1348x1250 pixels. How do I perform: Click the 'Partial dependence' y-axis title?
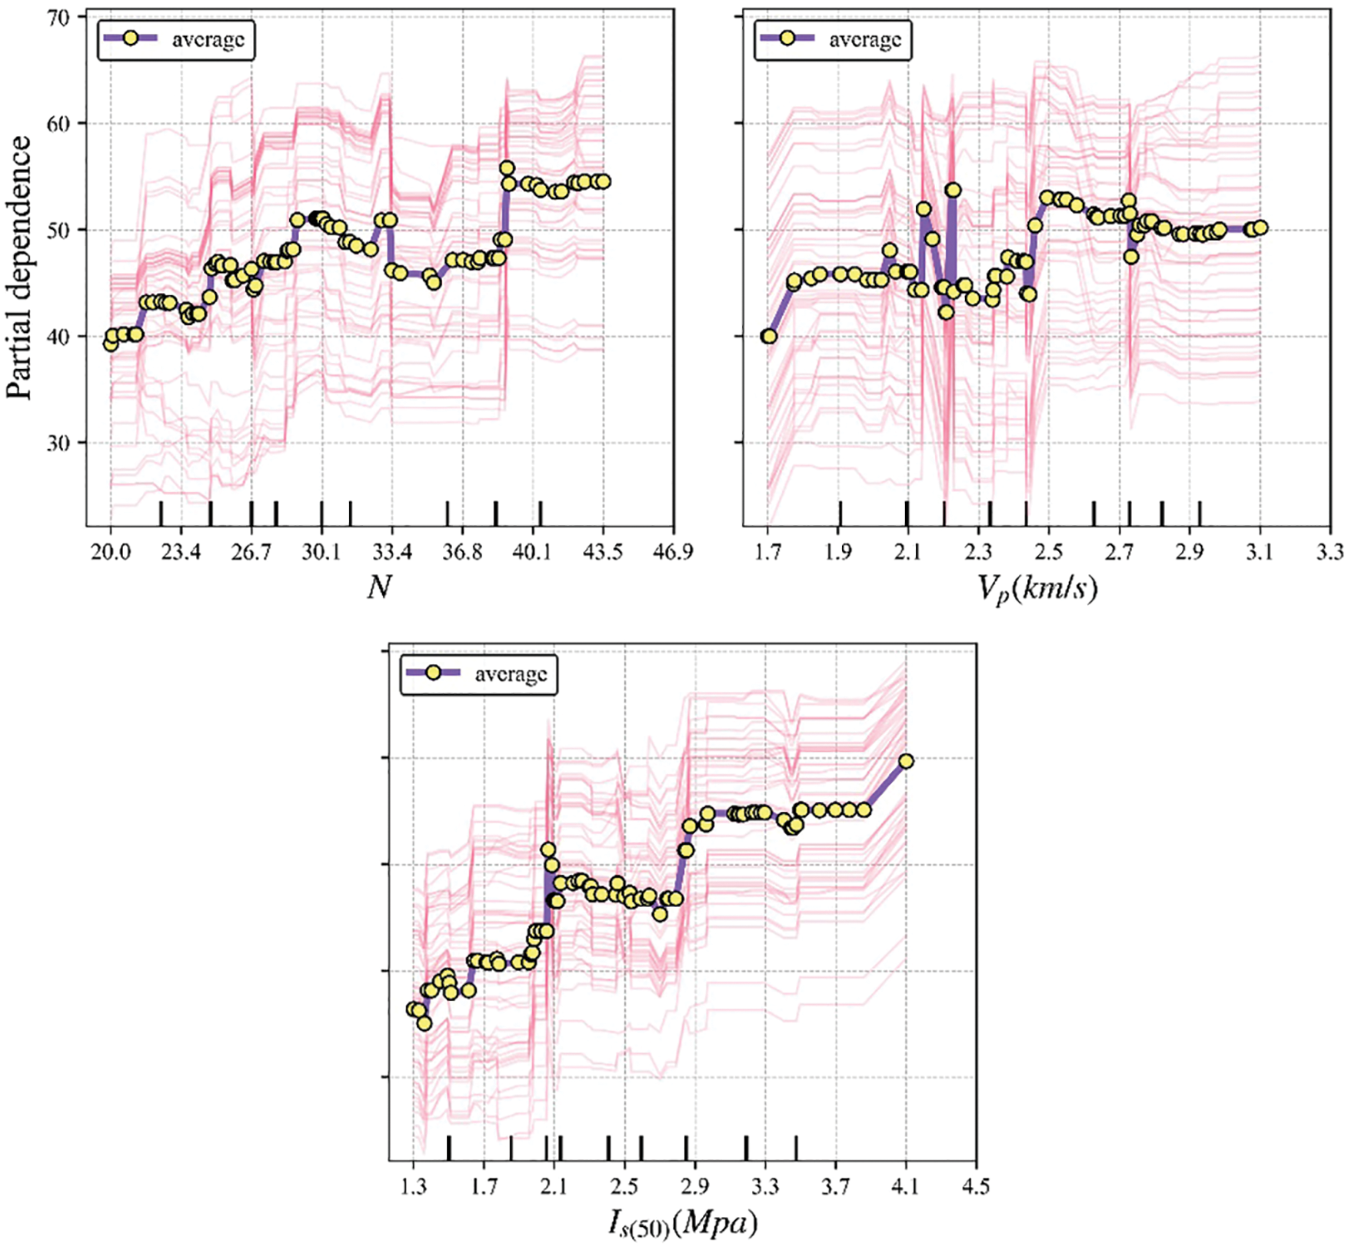point(20,267)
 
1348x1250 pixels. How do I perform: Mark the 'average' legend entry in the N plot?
point(208,39)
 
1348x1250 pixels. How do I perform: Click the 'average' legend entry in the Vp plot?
point(864,39)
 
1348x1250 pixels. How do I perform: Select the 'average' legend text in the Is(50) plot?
point(511,674)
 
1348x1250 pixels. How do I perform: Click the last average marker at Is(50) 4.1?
point(906,761)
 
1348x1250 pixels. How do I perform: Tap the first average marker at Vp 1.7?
point(768,336)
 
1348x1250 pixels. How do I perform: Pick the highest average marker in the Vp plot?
point(953,190)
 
